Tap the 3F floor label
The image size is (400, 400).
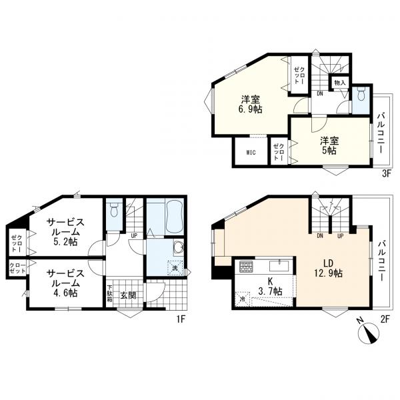coord(387,174)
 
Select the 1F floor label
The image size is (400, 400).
coord(181,319)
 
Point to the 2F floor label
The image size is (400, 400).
coord(385,319)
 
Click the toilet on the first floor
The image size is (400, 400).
coord(114,209)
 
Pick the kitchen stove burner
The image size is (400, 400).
coord(245,267)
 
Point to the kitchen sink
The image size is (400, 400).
coord(279,266)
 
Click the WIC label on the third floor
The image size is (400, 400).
coord(251,153)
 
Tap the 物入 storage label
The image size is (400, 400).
coord(339,83)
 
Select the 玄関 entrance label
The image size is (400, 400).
coord(128,295)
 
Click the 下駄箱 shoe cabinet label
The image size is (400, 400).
coord(109,293)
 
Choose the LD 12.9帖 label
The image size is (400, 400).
coord(328,268)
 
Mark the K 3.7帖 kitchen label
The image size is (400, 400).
coord(271,286)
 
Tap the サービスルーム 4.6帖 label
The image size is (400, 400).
coord(65,283)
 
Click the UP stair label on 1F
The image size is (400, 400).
coord(134,236)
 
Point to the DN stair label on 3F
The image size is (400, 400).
coord(320,93)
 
